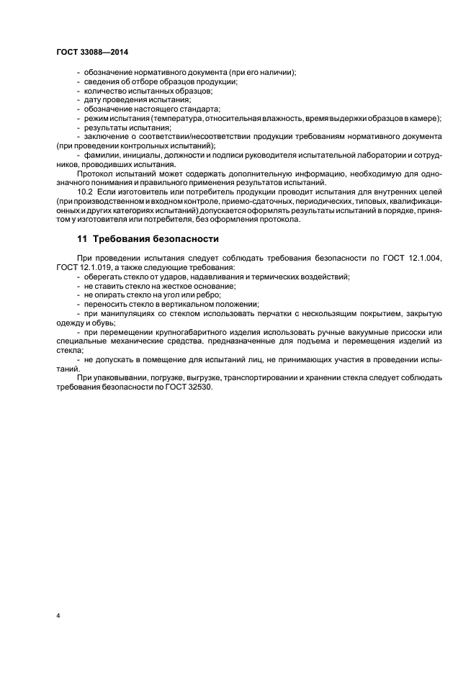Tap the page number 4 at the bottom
pyautogui.click(x=58, y=617)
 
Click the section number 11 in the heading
pyautogui.click(x=81, y=238)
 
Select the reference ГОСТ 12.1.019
pyautogui.click(x=82, y=267)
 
